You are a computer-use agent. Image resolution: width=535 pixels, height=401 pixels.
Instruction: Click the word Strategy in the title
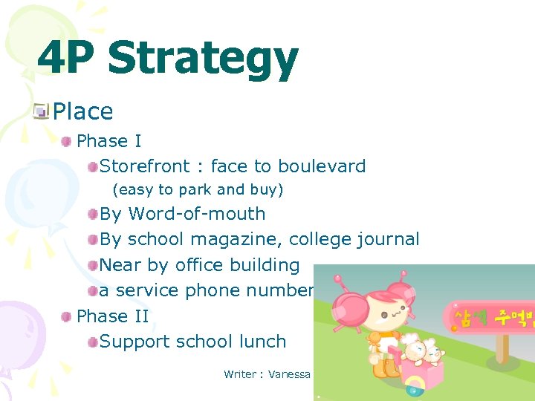203,60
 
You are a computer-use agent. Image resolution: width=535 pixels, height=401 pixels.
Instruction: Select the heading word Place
83,112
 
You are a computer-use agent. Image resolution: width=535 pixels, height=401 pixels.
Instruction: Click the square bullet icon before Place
42,111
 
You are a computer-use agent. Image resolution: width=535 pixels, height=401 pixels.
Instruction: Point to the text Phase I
108,141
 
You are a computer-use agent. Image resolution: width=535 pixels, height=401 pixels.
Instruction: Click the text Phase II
112,316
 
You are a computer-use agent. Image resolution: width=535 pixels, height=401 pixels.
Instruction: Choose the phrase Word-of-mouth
197,214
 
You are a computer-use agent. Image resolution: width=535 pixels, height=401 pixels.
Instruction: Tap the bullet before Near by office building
92,265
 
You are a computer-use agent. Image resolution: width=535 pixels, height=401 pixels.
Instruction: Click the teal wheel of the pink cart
412,389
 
